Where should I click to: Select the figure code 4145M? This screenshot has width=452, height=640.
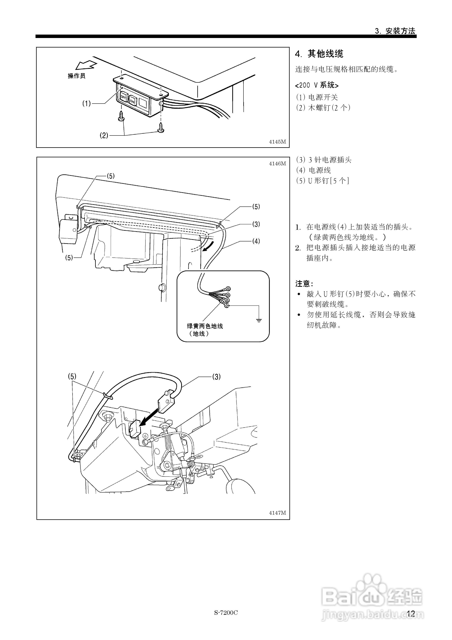(277, 142)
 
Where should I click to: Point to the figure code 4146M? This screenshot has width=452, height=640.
(277, 164)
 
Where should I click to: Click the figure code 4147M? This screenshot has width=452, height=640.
(277, 513)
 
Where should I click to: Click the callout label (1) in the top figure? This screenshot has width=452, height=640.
(86, 104)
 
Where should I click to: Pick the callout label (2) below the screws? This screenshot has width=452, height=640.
(104, 135)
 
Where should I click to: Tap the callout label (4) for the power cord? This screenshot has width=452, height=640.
(256, 241)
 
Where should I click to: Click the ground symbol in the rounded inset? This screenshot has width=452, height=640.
(259, 320)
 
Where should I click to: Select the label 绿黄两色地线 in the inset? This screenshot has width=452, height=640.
(205, 326)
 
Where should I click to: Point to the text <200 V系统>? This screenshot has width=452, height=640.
(317, 85)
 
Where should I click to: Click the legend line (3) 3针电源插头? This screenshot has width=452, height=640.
(324, 160)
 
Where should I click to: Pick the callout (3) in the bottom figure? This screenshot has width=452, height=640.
(217, 377)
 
